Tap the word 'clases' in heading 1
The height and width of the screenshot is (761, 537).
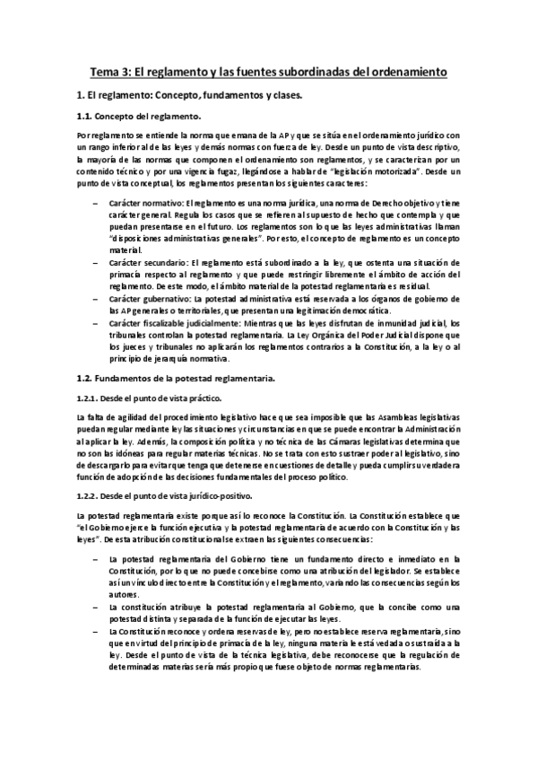click(281, 94)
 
